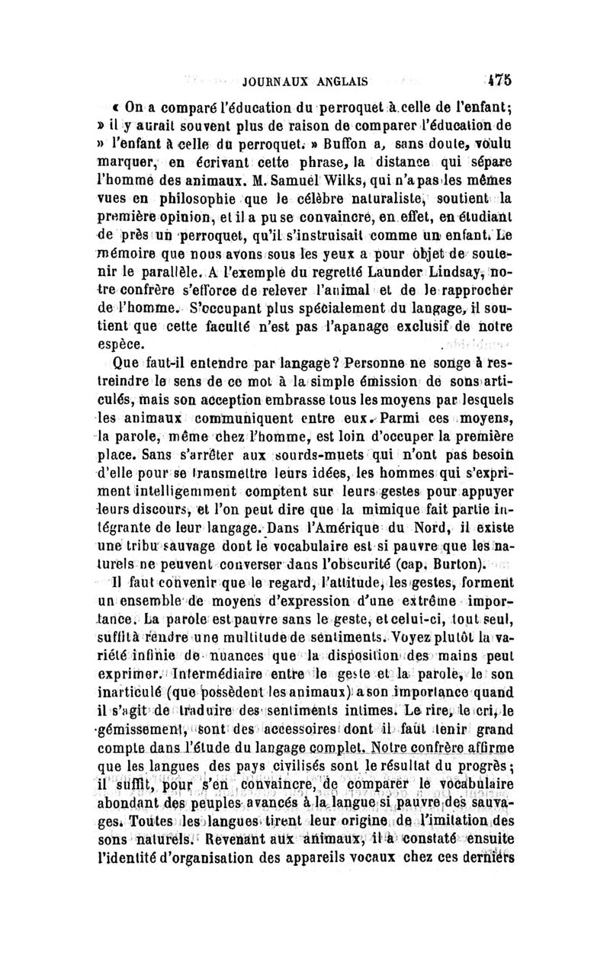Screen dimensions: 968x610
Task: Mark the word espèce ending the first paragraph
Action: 131,345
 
